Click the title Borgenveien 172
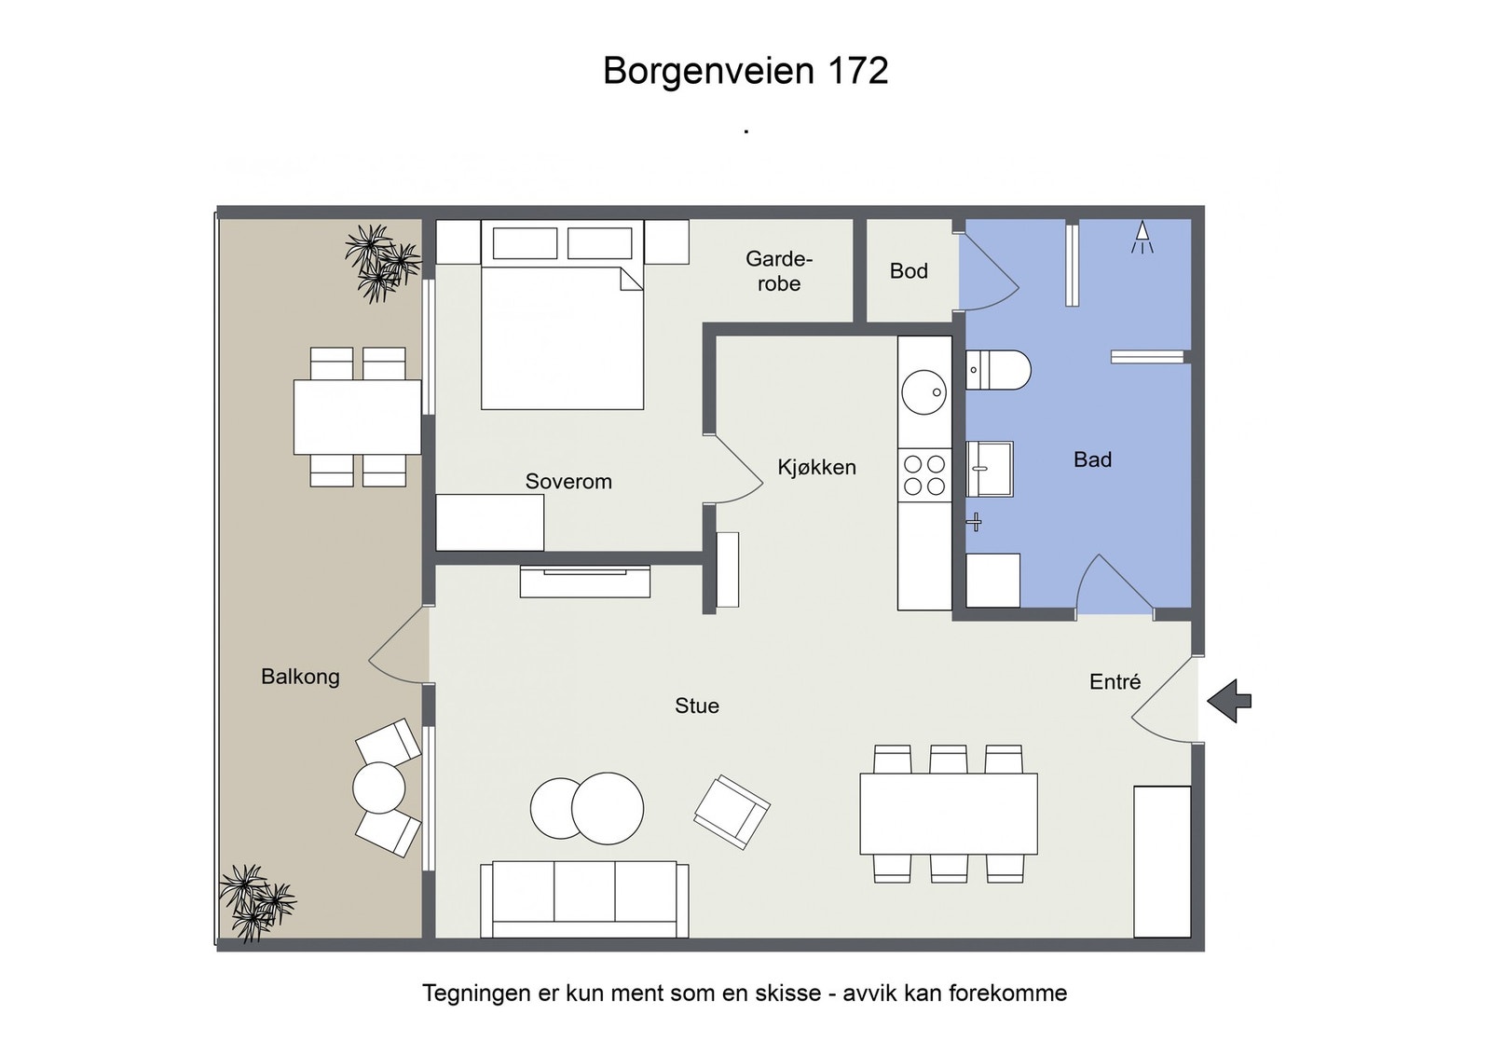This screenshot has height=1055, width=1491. [745, 71]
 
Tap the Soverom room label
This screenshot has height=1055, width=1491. [568, 481]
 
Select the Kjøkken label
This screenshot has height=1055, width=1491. [816, 468]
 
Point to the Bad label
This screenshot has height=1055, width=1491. [1092, 459]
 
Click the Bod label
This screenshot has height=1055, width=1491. [909, 271]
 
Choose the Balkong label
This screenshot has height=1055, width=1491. [300, 678]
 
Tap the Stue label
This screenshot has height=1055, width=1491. [697, 706]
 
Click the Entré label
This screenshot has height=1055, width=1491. [1115, 681]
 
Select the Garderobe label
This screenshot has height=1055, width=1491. [779, 271]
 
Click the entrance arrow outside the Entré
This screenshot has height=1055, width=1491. [1229, 701]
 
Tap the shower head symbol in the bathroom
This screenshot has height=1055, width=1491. [1142, 237]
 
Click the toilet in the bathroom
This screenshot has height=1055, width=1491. [998, 370]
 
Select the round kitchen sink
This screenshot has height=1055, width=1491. [923, 392]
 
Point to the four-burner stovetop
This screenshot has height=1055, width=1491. [924, 474]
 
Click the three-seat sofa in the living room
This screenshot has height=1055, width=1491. [584, 899]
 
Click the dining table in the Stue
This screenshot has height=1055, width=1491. [949, 814]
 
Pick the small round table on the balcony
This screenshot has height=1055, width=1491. [378, 788]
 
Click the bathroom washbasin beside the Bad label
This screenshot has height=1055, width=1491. [990, 469]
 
